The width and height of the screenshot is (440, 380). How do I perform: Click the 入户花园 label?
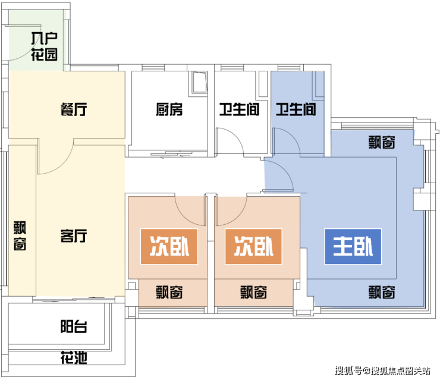(45, 46)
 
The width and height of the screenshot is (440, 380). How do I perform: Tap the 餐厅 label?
(74, 109)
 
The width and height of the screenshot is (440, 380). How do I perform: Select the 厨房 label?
(169, 109)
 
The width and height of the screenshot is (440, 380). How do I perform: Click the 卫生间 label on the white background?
(240, 109)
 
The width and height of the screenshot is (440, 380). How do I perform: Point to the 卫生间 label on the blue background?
(296, 109)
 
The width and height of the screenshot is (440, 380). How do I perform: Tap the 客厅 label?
(74, 235)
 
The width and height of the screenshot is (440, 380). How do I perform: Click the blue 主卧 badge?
(353, 246)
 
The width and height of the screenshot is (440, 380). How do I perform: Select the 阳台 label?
(74, 326)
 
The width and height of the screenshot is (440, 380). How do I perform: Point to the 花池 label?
(74, 357)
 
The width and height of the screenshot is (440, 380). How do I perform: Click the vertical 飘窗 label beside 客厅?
(20, 235)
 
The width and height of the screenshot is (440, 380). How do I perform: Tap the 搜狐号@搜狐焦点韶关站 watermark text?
(382, 370)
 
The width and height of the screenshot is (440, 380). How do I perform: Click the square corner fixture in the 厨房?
(200, 83)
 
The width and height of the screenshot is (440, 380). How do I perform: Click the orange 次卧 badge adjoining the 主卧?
(253, 246)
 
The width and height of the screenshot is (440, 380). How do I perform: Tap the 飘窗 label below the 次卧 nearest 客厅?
(169, 292)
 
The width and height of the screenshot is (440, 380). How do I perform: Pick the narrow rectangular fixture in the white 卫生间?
(263, 84)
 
